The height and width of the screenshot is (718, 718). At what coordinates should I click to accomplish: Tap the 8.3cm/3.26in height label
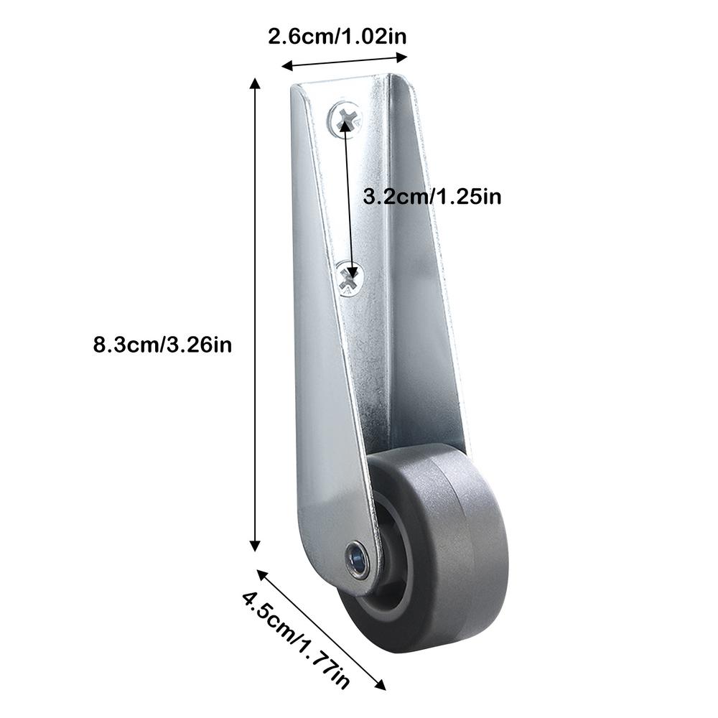tap(163, 345)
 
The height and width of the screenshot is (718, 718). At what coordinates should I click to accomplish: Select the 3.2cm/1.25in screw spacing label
tap(432, 197)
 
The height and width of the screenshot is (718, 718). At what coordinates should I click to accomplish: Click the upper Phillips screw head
tap(345, 116)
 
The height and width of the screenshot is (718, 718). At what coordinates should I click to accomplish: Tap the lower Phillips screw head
tap(350, 278)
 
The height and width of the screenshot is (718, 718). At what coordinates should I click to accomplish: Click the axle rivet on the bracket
tap(356, 559)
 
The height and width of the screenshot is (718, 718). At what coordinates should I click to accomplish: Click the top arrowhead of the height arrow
tap(254, 83)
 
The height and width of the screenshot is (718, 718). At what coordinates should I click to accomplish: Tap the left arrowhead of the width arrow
tap(285, 67)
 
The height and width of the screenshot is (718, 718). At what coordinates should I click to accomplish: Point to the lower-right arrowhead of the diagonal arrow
tap(381, 685)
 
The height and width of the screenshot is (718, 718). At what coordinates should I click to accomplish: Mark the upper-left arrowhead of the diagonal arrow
tap(260, 574)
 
